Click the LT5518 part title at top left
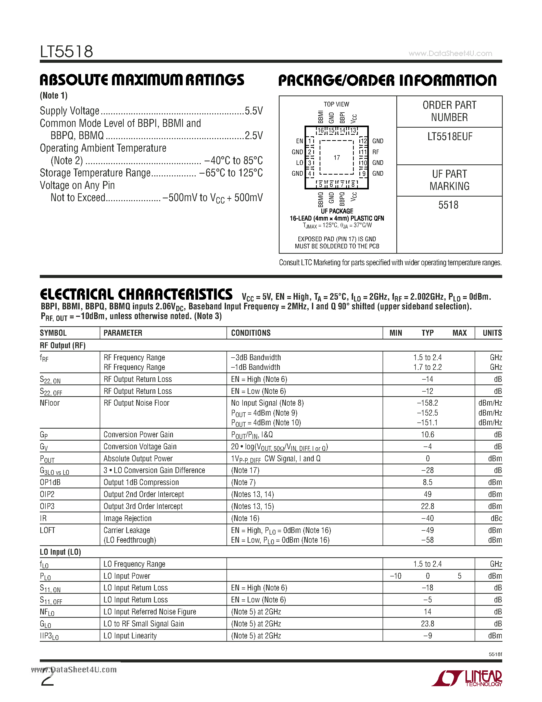click(67, 51)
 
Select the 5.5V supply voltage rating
click(254, 111)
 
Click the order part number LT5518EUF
click(449, 137)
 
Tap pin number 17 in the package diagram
click(336, 158)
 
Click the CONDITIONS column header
click(251, 333)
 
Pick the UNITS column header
click(492, 333)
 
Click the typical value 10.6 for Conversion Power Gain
click(427, 434)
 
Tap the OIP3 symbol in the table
click(47, 506)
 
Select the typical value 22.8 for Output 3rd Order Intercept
click(427, 506)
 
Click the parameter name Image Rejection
click(128, 518)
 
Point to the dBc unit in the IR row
click(496, 518)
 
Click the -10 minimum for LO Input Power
click(396, 576)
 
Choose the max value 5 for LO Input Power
click(459, 576)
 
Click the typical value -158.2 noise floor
click(427, 403)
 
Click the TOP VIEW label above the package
click(336, 104)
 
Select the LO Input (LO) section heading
click(60, 552)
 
